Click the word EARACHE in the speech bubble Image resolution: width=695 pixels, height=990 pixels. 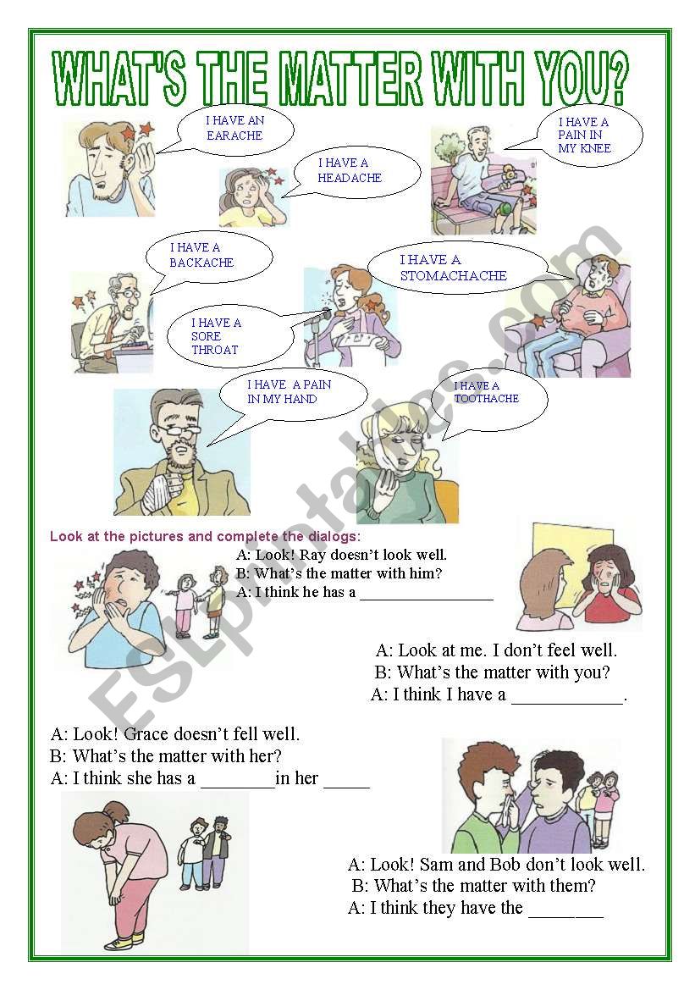234,136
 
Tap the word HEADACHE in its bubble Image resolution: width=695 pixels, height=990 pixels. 350,178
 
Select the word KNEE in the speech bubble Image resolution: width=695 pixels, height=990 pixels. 597,148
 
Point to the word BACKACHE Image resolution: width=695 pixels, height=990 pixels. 201,263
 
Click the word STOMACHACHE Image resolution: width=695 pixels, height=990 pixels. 453,275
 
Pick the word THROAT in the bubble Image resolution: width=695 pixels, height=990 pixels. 215,350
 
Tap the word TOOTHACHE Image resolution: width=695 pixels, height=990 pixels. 487,398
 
